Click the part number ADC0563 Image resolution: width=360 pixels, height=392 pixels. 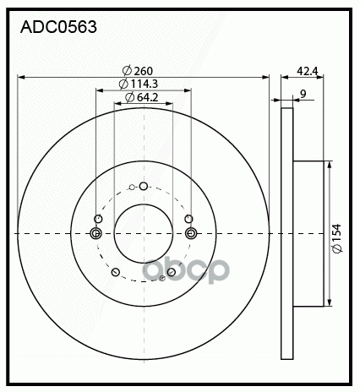(x=57, y=27)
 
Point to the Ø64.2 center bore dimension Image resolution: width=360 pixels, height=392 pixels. (x=142, y=98)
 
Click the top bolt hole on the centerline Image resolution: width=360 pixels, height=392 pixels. (x=143, y=187)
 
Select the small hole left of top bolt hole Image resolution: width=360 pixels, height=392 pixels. (x=131, y=188)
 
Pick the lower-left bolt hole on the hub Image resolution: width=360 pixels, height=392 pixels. (x=115, y=272)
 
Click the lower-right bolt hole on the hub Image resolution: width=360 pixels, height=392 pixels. (x=172, y=272)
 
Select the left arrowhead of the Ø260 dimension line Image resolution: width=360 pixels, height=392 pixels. (x=21, y=77)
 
